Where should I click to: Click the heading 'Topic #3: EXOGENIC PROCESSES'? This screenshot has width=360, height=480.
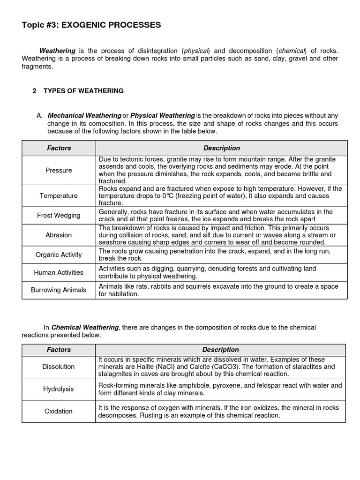click(91, 25)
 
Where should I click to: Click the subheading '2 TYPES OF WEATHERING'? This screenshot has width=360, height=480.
click(78, 91)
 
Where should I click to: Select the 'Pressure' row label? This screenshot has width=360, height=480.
click(59, 170)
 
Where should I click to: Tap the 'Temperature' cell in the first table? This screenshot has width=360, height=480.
click(59, 195)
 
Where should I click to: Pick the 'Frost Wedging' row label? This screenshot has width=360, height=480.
click(59, 216)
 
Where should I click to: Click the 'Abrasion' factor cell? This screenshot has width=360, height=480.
click(59, 235)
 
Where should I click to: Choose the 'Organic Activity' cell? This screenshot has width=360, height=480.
click(59, 255)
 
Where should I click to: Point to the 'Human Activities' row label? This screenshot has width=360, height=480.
click(59, 272)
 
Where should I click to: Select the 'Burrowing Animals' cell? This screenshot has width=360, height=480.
click(59, 290)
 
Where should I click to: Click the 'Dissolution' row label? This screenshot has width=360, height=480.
click(59, 367)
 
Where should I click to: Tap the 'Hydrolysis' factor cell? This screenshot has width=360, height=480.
click(59, 389)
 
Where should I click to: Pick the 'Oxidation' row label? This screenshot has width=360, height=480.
click(59, 411)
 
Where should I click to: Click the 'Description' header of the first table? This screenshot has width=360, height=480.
click(222, 148)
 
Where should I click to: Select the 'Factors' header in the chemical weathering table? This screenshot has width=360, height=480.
click(59, 350)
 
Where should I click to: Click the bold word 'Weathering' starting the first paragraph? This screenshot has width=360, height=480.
click(57, 51)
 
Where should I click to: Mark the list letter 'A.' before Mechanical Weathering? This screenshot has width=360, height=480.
click(40, 115)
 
